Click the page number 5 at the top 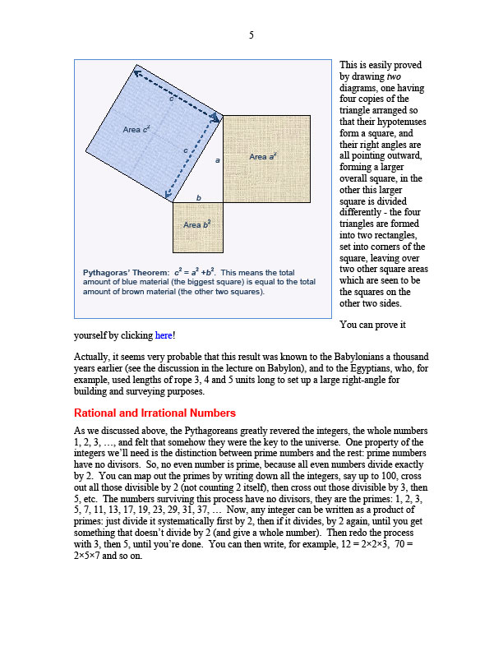tap(251, 35)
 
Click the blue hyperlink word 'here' tap(164, 336)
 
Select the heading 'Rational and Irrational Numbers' tap(155, 413)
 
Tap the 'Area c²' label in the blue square tap(136, 130)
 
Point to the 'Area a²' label tap(263, 156)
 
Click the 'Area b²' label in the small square tap(197, 224)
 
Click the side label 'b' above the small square tap(198, 197)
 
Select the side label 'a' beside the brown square tap(217, 160)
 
